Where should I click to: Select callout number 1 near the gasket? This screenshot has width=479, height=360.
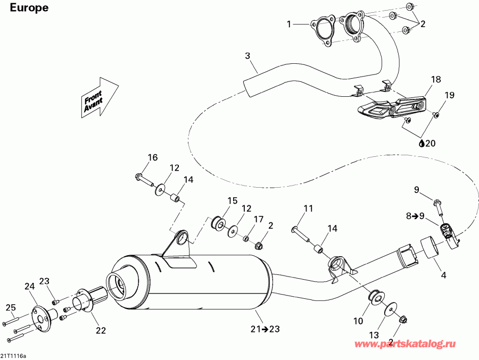pyautogui.click(x=290, y=24)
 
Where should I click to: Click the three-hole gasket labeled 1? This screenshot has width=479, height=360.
pyautogui.click(x=321, y=30)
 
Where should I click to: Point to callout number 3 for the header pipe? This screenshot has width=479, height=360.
pyautogui.click(x=247, y=56)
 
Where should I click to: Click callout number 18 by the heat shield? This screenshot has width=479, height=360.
pyautogui.click(x=436, y=80)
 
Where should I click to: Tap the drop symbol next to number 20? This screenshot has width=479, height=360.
pyautogui.click(x=422, y=143)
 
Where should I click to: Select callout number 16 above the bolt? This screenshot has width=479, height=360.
pyautogui.click(x=153, y=157)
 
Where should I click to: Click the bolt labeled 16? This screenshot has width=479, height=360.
pyautogui.click(x=143, y=179)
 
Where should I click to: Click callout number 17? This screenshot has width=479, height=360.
pyautogui.click(x=258, y=219)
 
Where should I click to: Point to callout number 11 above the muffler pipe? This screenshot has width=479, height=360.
pyautogui.click(x=309, y=208)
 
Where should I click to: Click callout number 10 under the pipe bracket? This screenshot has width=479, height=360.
pyautogui.click(x=358, y=321)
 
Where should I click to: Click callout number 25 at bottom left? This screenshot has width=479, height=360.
pyautogui.click(x=10, y=308)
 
